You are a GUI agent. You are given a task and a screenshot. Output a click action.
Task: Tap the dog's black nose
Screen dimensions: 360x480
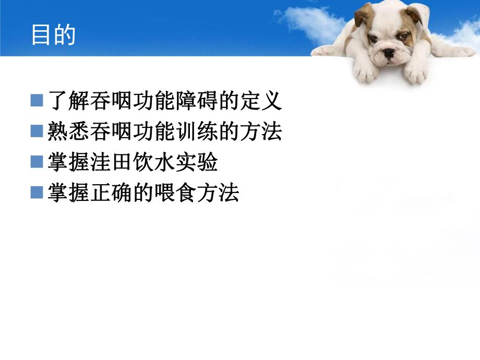[x=389, y=53]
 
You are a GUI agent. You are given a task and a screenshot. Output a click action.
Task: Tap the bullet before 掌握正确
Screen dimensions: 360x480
[x=37, y=193]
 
